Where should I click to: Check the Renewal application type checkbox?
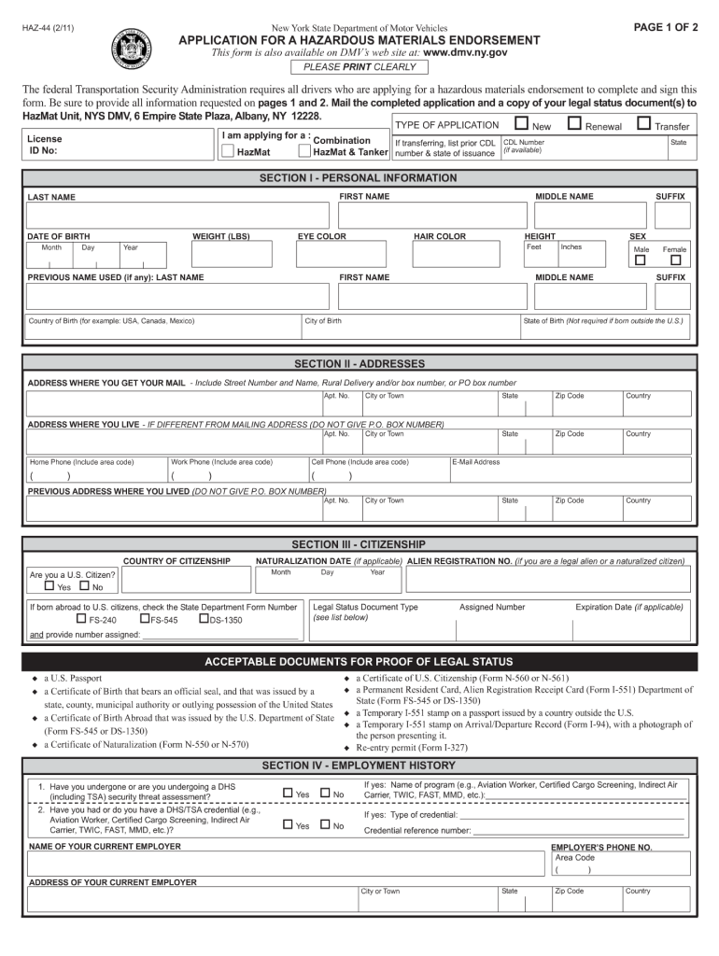[574, 124]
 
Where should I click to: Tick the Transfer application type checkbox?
[644, 124]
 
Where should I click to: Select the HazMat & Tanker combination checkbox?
[303, 151]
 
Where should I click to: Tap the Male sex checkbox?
[640, 260]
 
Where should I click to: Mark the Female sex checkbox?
[674, 260]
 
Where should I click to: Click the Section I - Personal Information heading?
[359, 177]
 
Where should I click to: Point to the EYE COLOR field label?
[321, 237]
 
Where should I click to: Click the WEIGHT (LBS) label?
[221, 237]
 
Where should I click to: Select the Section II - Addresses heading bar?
[359, 363]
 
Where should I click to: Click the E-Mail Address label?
[476, 462]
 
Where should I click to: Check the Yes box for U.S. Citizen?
[49, 586]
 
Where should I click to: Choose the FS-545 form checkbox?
[145, 618]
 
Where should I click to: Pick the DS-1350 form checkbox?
[204, 618]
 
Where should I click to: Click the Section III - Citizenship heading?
[359, 544]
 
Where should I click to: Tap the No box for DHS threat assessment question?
[325, 794]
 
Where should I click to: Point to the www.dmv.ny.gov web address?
[465, 53]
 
